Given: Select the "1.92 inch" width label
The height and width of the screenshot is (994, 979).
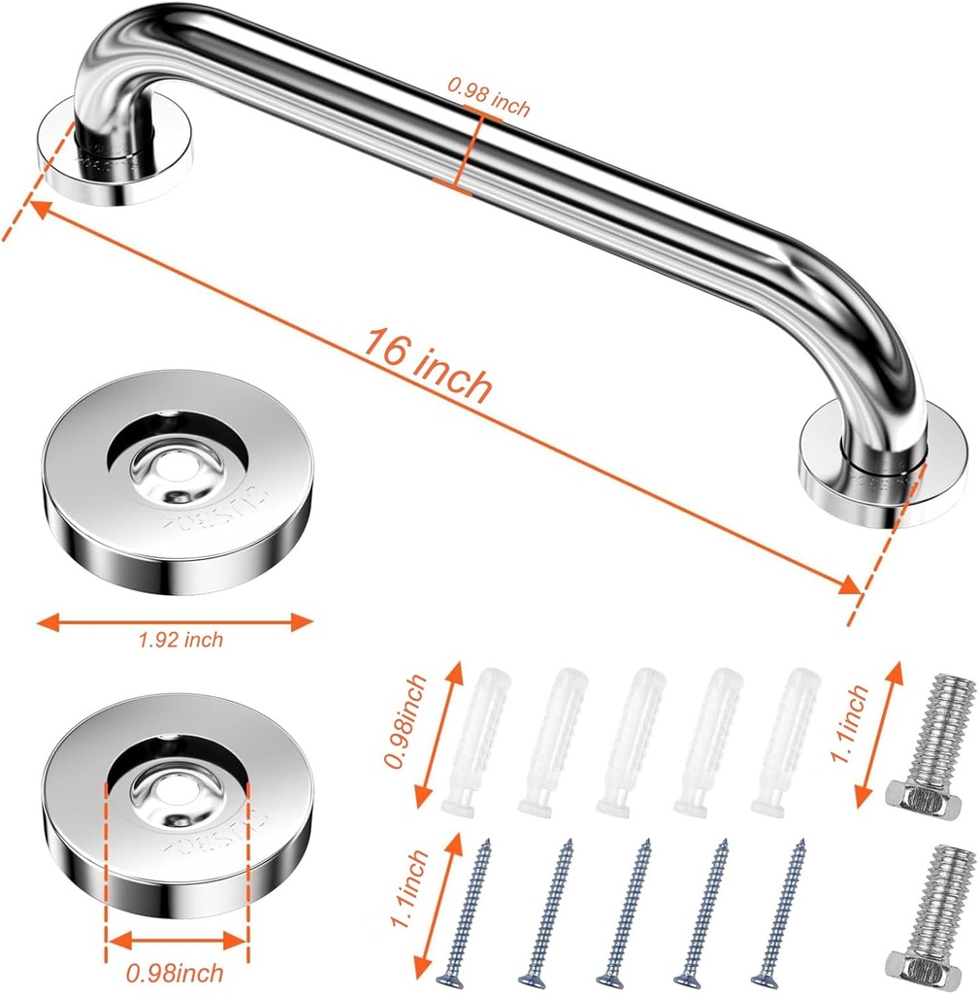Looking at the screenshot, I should pyautogui.click(x=180, y=640).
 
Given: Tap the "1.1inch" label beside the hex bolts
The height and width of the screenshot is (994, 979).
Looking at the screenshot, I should pyautogui.click(x=854, y=723).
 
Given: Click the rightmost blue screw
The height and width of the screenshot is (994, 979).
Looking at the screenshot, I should pyautogui.click(x=784, y=908).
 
